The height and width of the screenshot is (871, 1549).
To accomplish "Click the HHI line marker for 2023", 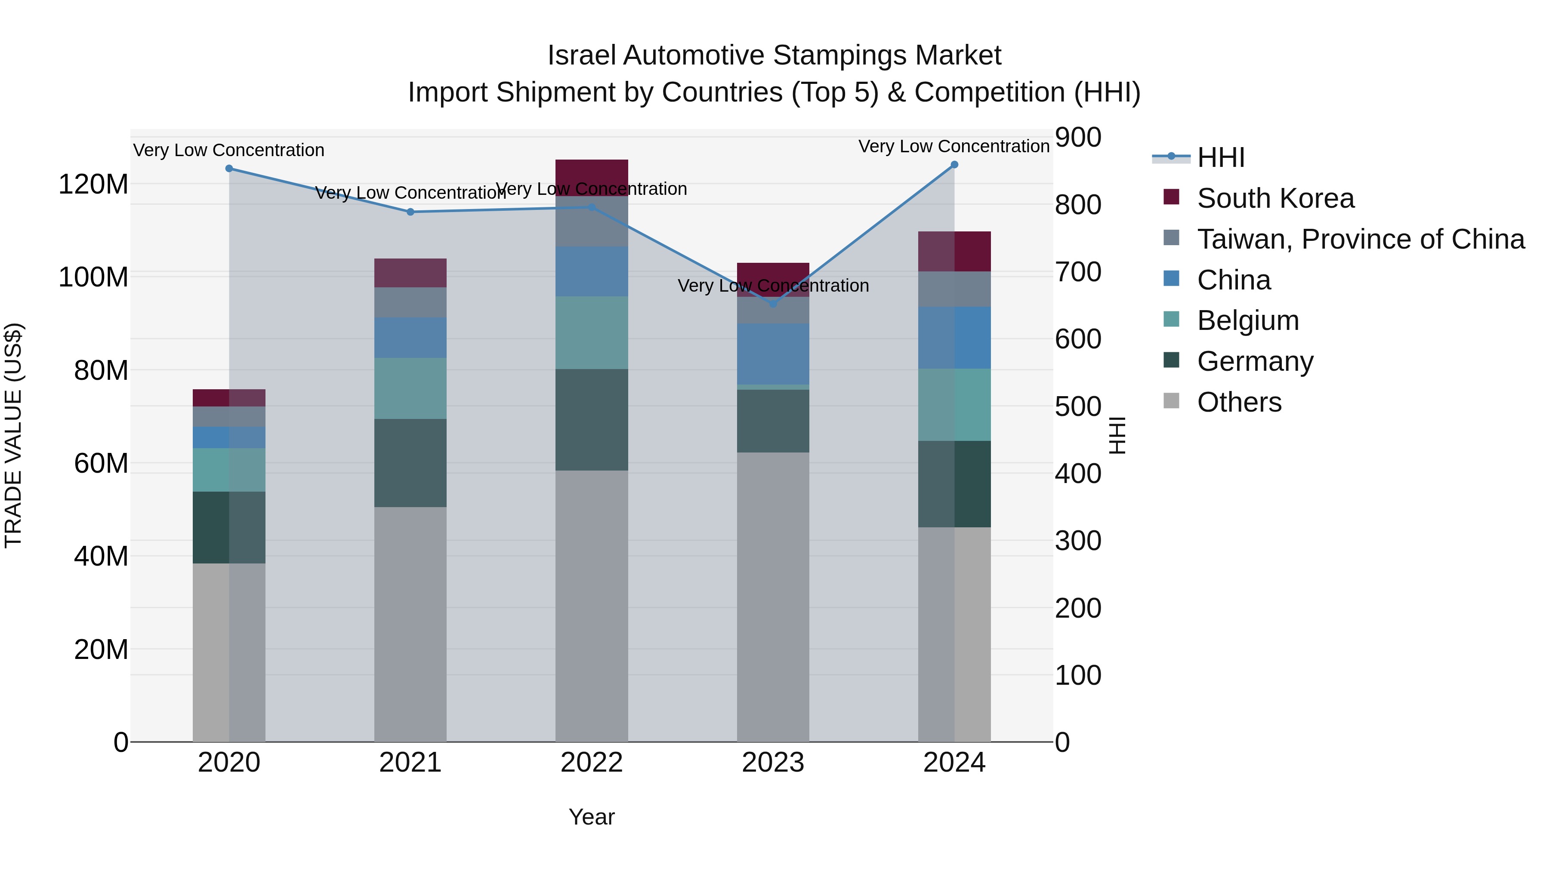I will (x=773, y=304).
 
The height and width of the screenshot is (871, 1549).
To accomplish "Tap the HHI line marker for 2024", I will (x=954, y=165).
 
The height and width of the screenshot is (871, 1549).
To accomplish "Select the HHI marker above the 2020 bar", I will (x=229, y=168).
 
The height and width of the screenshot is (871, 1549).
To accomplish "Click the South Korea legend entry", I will (x=1275, y=198).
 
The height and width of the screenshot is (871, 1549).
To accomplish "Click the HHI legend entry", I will (x=1220, y=157).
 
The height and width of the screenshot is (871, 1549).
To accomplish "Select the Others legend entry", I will (x=1239, y=402).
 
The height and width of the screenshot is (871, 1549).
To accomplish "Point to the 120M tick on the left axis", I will (x=93, y=184).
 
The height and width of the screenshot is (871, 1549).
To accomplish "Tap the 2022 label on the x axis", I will (x=592, y=763).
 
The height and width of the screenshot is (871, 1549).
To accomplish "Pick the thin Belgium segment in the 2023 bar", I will (x=773, y=387).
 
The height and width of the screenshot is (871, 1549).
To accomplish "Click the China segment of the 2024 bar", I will (x=954, y=338).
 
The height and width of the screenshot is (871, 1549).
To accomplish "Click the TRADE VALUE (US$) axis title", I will (x=13, y=435).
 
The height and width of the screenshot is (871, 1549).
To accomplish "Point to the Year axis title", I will (x=592, y=817).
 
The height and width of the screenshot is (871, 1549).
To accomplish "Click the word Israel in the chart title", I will (x=581, y=55).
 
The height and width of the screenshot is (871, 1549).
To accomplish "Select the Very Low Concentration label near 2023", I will (x=773, y=286).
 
